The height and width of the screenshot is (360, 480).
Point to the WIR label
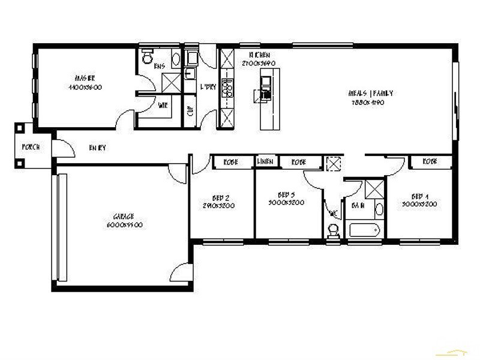tap(163, 106)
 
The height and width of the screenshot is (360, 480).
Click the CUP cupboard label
tap(191, 111)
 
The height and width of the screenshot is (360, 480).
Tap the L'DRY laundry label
tap(208, 86)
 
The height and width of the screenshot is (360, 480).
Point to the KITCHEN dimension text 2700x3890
tap(258, 63)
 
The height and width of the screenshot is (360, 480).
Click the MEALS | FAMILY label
tap(371, 94)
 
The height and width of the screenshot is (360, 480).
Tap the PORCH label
tap(31, 147)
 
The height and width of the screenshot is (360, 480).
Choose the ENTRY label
tap(97, 148)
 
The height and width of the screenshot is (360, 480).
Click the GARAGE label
tap(123, 217)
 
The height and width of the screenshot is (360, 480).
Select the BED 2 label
tap(221, 197)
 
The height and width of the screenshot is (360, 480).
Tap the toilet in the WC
tap(334, 231)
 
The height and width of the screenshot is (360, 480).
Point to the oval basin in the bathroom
tap(379, 211)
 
